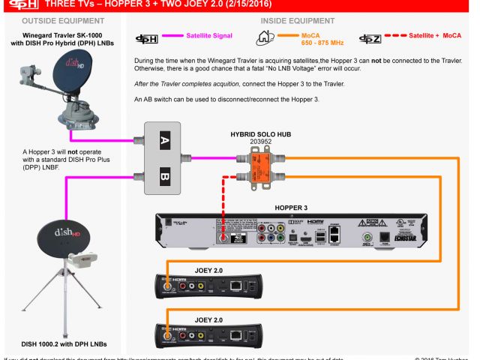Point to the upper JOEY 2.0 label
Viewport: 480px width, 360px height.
[x=207, y=268]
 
